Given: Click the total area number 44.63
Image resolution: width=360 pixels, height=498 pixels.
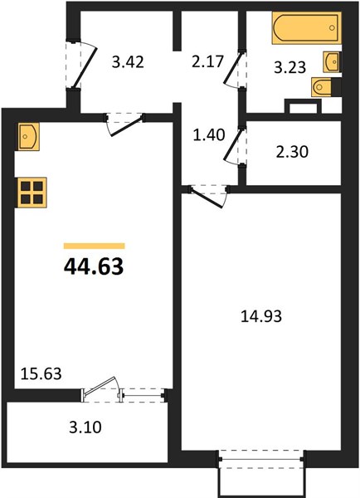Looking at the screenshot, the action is click(x=94, y=266).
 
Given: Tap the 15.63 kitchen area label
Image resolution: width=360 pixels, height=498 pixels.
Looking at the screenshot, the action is click(x=41, y=373).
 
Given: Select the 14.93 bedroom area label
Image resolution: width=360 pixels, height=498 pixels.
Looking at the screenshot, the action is click(x=261, y=316).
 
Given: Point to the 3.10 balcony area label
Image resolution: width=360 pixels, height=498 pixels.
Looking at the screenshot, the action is click(x=85, y=427).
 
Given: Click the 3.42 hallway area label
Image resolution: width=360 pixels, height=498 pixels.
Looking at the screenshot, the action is click(x=128, y=61).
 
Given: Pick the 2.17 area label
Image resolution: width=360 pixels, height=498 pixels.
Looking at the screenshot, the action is click(x=208, y=61).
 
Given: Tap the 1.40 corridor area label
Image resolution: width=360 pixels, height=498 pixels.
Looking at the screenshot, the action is click(x=209, y=134).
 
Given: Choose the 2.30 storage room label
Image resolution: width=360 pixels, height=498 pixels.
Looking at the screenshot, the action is click(x=292, y=152).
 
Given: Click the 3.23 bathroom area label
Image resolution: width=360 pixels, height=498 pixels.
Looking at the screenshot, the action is click(x=290, y=67).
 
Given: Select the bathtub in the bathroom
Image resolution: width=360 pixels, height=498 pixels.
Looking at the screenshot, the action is click(x=307, y=27).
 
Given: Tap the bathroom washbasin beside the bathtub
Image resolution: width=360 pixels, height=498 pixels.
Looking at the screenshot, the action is click(x=332, y=61).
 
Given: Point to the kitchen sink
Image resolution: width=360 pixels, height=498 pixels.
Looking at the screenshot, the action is click(x=28, y=137).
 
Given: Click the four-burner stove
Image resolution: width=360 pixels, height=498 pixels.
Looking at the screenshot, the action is click(x=32, y=193).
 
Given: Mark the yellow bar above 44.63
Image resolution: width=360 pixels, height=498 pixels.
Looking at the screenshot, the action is click(x=95, y=246).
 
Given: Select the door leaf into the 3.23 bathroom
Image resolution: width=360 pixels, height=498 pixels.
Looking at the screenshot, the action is click(x=234, y=69).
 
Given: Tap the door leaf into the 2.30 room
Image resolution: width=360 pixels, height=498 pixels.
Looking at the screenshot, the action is click(x=235, y=145).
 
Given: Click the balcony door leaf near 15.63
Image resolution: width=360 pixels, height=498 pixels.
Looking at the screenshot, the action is click(x=100, y=385).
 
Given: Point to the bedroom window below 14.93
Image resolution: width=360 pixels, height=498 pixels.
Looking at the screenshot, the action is click(x=261, y=459).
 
